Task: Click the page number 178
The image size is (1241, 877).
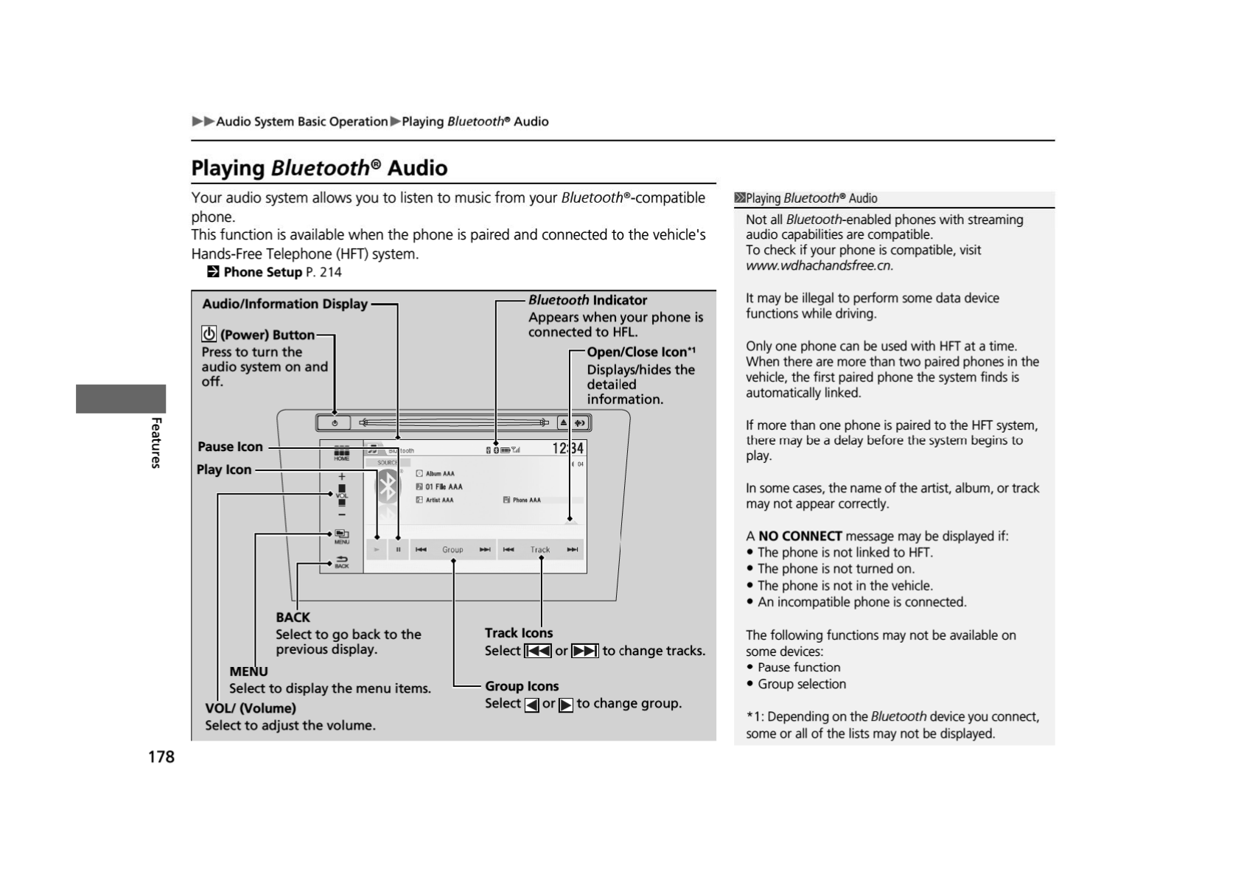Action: tap(161, 757)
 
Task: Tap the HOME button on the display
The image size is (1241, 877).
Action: tap(342, 453)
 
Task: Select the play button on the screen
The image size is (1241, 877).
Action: tap(377, 549)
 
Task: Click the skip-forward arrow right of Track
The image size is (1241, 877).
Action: tap(573, 549)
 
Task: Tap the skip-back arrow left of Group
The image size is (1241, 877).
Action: tap(421, 549)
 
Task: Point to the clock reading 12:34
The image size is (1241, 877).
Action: tap(567, 448)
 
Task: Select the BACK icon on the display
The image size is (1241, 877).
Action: tap(342, 562)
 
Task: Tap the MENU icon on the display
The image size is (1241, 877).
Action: tap(342, 536)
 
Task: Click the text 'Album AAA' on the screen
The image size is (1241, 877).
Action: tap(439, 474)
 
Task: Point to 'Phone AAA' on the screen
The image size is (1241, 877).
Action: tap(526, 500)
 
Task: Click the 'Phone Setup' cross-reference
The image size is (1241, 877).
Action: tap(262, 272)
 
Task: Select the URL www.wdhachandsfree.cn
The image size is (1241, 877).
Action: tap(819, 265)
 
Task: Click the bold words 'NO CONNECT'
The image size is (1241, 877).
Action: tap(800, 536)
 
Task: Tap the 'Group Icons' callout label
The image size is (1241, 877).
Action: tap(522, 686)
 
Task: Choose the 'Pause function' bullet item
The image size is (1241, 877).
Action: tap(799, 667)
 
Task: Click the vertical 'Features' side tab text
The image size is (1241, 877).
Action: tap(156, 442)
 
